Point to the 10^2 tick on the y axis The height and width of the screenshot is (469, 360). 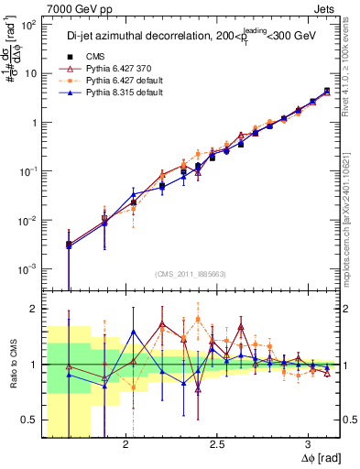pyautogui.click(x=27, y=26)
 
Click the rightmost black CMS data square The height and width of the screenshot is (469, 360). pyautogui.click(x=327, y=91)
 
